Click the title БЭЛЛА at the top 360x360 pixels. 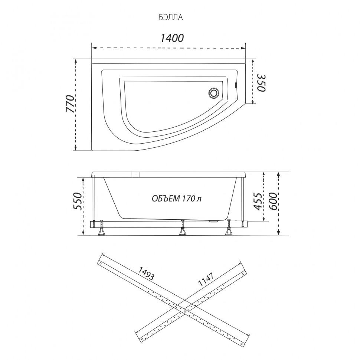tap(171, 17)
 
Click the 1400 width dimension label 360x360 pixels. tap(172, 38)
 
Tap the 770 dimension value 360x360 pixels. tap(71, 104)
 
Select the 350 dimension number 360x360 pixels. tap(261, 83)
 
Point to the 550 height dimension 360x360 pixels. tap(77, 201)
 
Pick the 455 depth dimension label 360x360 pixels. tap(258, 202)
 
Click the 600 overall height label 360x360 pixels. tap(273, 202)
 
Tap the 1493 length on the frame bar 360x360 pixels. tap(145, 274)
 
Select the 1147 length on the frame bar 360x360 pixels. tap(206, 279)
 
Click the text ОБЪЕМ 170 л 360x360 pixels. tap(177, 199)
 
